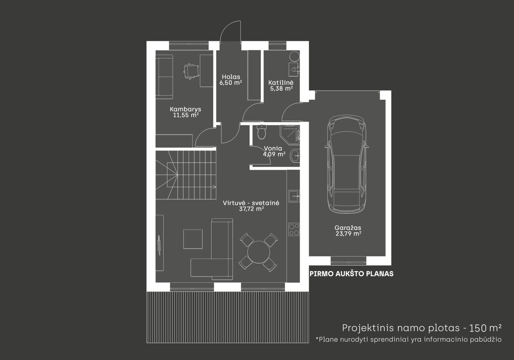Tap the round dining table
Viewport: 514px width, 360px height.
click(x=259, y=252)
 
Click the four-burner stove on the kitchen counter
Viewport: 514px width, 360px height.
click(x=294, y=230)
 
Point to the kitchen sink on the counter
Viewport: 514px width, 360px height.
click(x=294, y=196)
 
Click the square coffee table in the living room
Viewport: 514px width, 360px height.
click(x=193, y=239)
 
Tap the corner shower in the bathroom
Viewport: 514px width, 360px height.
click(x=290, y=135)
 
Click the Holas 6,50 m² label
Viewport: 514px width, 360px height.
click(x=231, y=80)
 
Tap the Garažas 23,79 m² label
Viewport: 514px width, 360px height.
click(x=348, y=231)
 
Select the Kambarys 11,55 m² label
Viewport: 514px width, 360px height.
click(x=186, y=112)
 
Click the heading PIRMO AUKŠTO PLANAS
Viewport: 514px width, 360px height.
click(x=351, y=274)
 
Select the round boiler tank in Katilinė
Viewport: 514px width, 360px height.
click(x=294, y=56)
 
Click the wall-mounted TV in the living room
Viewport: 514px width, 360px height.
click(x=159, y=245)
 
